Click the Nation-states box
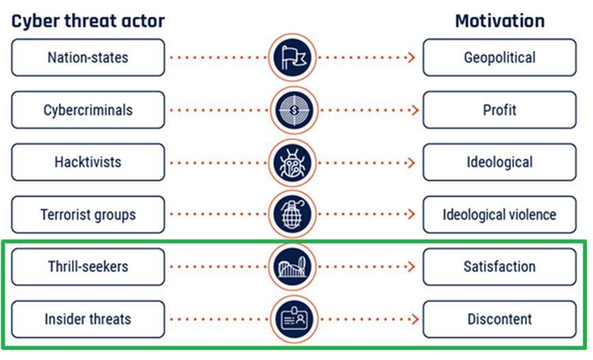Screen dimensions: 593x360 coord(88,58)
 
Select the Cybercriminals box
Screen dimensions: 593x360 coord(88,110)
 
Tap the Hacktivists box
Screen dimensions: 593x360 coord(88,163)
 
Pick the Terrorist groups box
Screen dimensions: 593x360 coord(88,215)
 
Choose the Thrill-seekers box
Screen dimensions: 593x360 coord(88,267)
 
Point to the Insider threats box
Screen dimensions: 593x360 coord(88,319)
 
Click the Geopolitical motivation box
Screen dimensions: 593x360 coord(500,58)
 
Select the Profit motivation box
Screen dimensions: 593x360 coord(500,110)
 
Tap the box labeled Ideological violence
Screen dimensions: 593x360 coord(500,215)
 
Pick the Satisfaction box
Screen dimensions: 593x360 coord(500,267)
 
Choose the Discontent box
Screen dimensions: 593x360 coord(500,319)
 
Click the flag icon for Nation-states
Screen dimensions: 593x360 coord(292,58)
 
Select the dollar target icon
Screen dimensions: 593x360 coord(294,110)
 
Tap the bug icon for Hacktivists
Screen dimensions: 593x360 coord(292,163)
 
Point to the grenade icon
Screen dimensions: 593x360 coord(292,215)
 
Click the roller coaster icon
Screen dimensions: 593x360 coord(292,267)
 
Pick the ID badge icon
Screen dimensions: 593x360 coord(294,319)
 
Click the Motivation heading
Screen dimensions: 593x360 coord(500,21)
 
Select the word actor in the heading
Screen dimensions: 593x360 coord(143,21)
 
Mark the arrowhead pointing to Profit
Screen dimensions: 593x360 coord(415,110)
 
